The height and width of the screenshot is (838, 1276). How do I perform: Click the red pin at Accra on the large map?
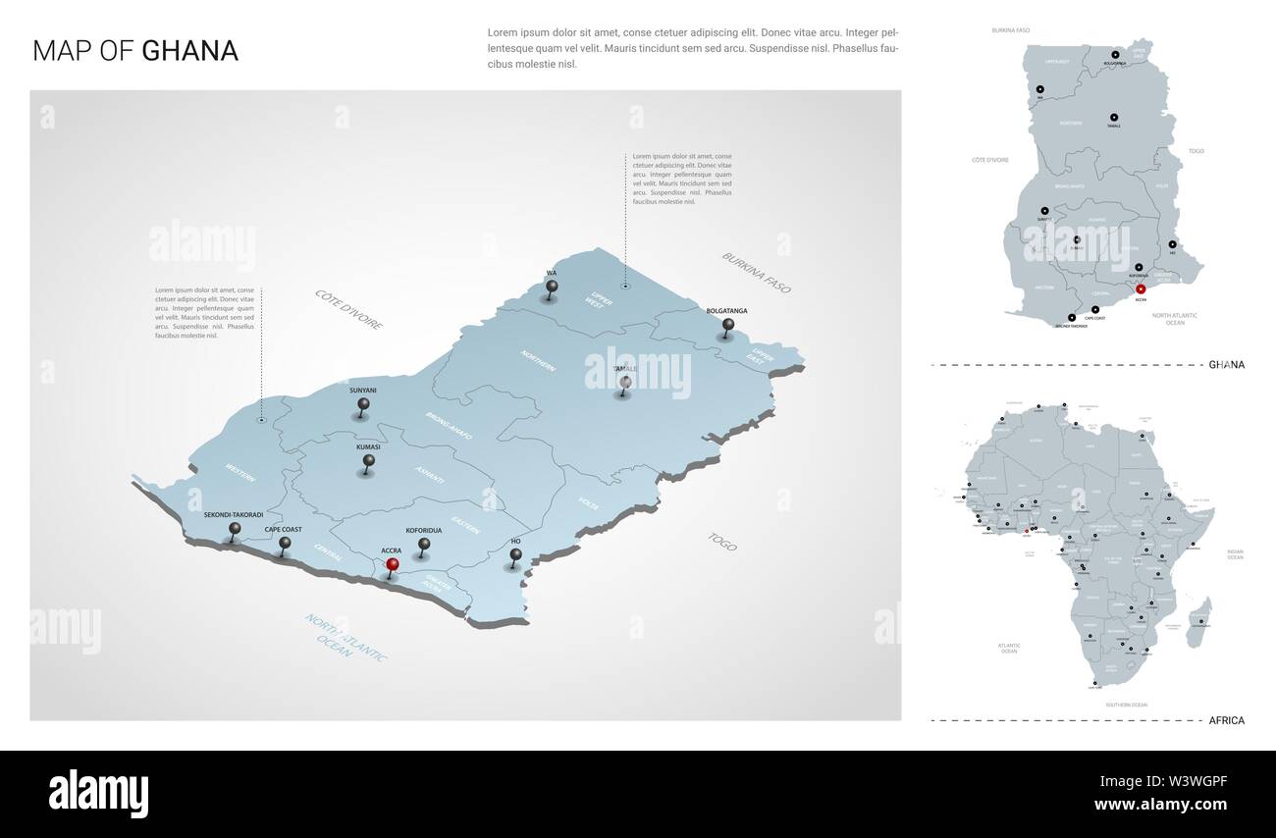pos(392,565)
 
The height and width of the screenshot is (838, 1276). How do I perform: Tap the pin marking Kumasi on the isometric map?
pos(369,460)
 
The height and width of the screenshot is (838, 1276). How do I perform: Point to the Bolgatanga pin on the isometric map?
pos(727,325)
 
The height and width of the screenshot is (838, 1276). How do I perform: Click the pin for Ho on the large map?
pos(515,555)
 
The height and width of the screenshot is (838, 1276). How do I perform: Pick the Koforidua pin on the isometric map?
pos(423,544)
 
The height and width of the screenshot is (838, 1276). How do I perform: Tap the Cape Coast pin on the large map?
pos(285,543)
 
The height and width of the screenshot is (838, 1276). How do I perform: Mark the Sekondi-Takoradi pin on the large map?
pos(234,529)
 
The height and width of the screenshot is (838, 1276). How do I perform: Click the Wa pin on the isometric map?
pos(552,288)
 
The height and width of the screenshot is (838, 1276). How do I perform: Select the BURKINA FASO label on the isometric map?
pos(756,273)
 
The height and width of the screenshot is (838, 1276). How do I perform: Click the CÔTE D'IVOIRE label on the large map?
pos(348,309)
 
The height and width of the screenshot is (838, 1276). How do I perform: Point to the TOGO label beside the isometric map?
pos(721,541)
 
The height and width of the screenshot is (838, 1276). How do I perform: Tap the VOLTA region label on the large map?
pos(588,503)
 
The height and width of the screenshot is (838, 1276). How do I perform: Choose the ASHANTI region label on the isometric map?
pos(430,475)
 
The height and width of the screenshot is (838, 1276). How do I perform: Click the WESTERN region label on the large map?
pos(239,472)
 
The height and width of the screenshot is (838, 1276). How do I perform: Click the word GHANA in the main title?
pos(189,51)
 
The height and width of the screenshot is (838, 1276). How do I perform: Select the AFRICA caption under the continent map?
pos(1227,720)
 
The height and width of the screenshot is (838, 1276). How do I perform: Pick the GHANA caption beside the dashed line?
pos(1226,365)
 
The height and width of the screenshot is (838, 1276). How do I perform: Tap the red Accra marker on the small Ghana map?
pos(1141,288)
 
